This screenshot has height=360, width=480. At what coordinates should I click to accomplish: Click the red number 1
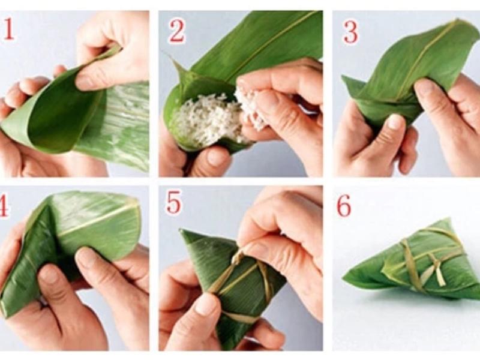click(x=8, y=29)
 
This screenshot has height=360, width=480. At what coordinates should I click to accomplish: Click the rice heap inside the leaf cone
click(x=203, y=119)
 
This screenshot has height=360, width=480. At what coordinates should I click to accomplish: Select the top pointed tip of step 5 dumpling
click(x=181, y=231)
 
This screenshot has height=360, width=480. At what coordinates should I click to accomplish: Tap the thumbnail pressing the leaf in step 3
click(x=395, y=121)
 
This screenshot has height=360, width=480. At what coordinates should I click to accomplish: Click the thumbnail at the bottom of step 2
click(x=217, y=156)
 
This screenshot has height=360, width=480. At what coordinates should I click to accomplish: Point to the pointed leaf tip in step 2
click(x=169, y=56)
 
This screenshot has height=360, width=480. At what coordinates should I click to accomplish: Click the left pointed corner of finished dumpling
click(x=344, y=278)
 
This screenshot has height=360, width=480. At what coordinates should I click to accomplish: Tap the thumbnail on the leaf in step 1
click(x=83, y=80)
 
